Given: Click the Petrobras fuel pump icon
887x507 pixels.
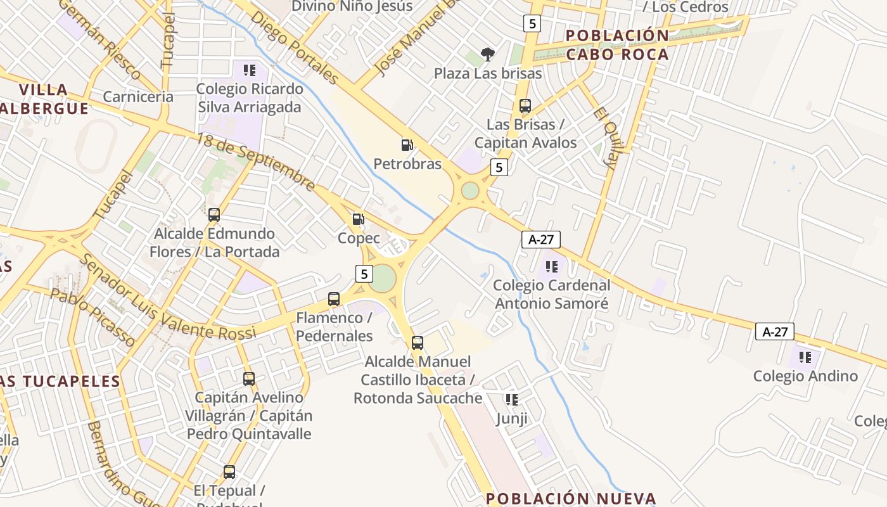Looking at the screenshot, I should [x=407, y=145].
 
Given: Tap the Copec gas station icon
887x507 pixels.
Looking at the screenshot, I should [x=358, y=219].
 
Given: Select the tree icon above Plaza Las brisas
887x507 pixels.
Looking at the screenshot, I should [x=487, y=55].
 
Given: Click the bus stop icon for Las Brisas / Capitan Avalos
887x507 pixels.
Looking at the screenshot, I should [x=525, y=106].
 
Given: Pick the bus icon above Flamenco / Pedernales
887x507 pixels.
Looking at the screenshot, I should [x=334, y=299].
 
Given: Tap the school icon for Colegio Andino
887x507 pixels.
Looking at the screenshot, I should [x=805, y=357].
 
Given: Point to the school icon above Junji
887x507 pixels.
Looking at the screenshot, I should [x=511, y=400].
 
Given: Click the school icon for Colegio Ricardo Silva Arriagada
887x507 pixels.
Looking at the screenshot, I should [x=249, y=70].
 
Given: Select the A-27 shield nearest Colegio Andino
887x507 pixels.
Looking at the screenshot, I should [x=774, y=331].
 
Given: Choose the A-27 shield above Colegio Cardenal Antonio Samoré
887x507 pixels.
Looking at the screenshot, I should [x=540, y=239].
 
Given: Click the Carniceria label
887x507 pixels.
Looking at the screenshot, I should [x=137, y=97].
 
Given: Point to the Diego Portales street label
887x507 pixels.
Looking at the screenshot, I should [x=294, y=47].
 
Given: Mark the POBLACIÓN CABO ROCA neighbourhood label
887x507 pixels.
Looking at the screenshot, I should [x=617, y=44].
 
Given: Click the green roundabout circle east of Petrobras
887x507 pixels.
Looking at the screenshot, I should [x=470, y=190].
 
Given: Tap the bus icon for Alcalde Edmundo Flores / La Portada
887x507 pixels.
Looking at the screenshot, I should [x=214, y=215].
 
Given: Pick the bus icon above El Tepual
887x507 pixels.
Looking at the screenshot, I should [x=229, y=472].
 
